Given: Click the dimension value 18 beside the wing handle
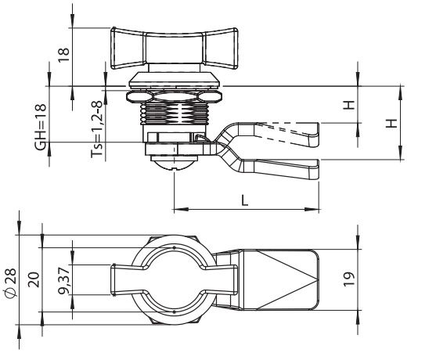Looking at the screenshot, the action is coord(63,55).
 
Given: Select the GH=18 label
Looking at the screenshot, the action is coord(41,127).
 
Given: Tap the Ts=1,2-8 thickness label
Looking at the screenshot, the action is coord(97,130).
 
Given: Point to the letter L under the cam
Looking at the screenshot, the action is coord(244,200).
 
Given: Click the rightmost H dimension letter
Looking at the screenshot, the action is coord(391,123).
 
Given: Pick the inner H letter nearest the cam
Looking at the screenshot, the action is coord(348,105).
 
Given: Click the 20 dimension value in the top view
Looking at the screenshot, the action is coord(34,279).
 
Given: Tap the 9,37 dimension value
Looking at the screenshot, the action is coord(64,280).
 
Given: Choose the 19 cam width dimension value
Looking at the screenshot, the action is coord(350,279).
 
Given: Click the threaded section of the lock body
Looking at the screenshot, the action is coord(174,113).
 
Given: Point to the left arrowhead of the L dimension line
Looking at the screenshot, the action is coord(181,209).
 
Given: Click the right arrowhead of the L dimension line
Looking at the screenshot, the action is coord(312,209).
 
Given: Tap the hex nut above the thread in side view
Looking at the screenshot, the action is coord(174,97).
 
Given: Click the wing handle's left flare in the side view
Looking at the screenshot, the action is coord(128,48).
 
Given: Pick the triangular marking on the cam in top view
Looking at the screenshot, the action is coord(286,279).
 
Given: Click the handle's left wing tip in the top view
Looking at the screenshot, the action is coord(113,279).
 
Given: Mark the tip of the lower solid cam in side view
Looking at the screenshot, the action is coord(318,169).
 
